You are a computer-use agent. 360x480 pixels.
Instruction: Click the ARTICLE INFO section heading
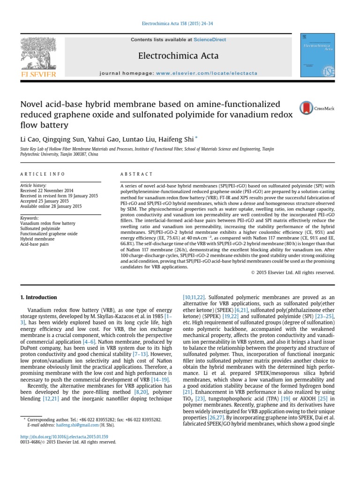pos(42,174)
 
